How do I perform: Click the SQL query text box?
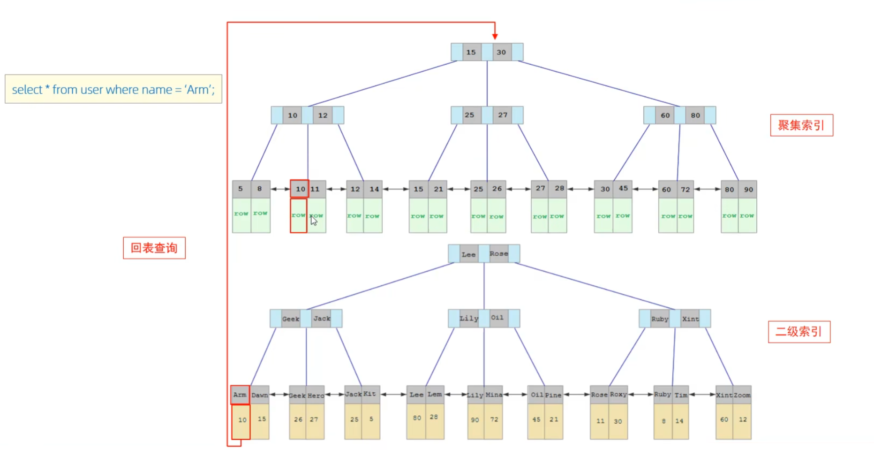click(113, 89)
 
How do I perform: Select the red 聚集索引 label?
click(801, 125)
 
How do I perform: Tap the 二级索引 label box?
click(799, 332)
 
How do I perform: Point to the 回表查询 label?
click(154, 248)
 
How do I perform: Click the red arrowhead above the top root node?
click(495, 36)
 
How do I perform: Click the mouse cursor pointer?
click(314, 220)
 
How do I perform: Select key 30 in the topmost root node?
click(502, 52)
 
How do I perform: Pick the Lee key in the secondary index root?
click(468, 254)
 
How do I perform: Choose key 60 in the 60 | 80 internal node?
click(665, 115)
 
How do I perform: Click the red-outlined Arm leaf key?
click(240, 395)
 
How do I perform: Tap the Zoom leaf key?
click(742, 395)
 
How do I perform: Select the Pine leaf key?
click(553, 395)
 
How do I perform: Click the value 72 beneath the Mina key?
click(494, 419)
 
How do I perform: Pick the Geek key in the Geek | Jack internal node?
click(291, 319)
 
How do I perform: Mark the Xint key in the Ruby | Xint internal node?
click(690, 319)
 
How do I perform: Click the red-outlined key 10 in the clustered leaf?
click(300, 189)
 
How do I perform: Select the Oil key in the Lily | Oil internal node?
click(497, 318)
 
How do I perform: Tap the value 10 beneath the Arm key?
click(241, 420)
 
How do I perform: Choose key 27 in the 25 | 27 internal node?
click(503, 115)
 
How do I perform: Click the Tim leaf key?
click(681, 395)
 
